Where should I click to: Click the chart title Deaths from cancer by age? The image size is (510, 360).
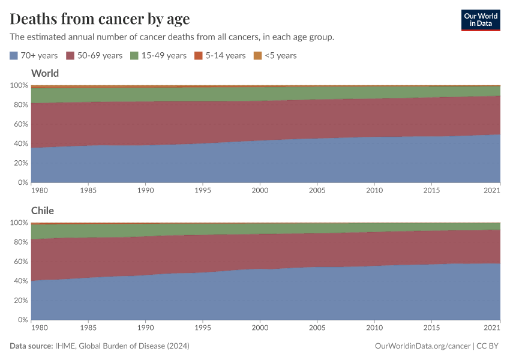coord(100,19)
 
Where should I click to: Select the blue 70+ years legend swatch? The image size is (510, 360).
coord(14,55)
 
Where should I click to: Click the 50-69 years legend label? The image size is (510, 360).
coord(100,55)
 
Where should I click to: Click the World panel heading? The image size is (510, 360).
coord(45,73)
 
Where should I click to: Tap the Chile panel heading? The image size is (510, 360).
coord(43,211)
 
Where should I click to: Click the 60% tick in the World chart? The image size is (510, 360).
coord(20,124)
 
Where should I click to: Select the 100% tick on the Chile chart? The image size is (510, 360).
coord(19,223)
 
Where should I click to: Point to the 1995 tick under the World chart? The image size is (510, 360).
coord(203,190)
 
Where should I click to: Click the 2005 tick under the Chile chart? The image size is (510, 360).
coord(317,328)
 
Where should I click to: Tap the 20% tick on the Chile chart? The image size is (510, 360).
coord(20,301)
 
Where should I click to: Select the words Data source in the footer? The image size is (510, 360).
coord(31,346)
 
